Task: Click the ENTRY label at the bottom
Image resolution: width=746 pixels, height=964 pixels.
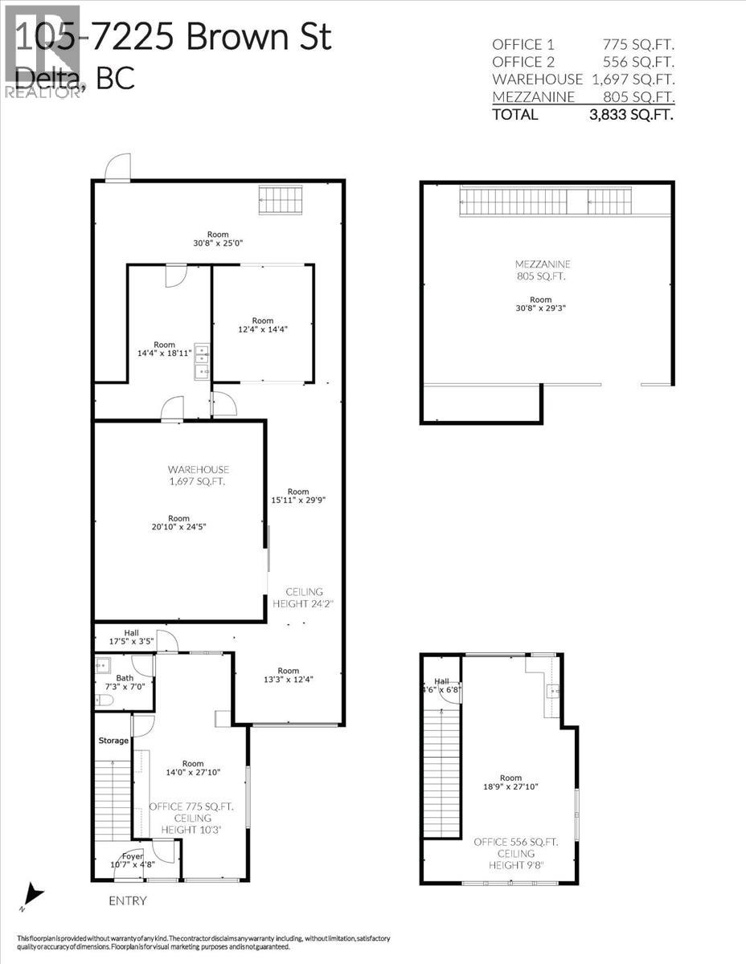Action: pos(128,901)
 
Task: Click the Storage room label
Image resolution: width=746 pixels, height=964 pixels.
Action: pos(113,740)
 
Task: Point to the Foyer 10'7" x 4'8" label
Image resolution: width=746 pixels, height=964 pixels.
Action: pos(132,860)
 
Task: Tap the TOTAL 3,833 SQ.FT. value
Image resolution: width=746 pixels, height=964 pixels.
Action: pos(632,114)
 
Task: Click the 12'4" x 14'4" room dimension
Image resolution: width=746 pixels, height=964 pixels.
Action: pos(262,329)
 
